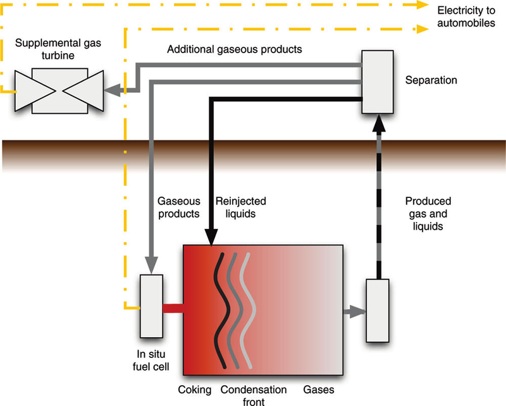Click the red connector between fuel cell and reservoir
[173, 309]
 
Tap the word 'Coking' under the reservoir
[194, 390]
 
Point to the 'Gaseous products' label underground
[175, 207]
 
